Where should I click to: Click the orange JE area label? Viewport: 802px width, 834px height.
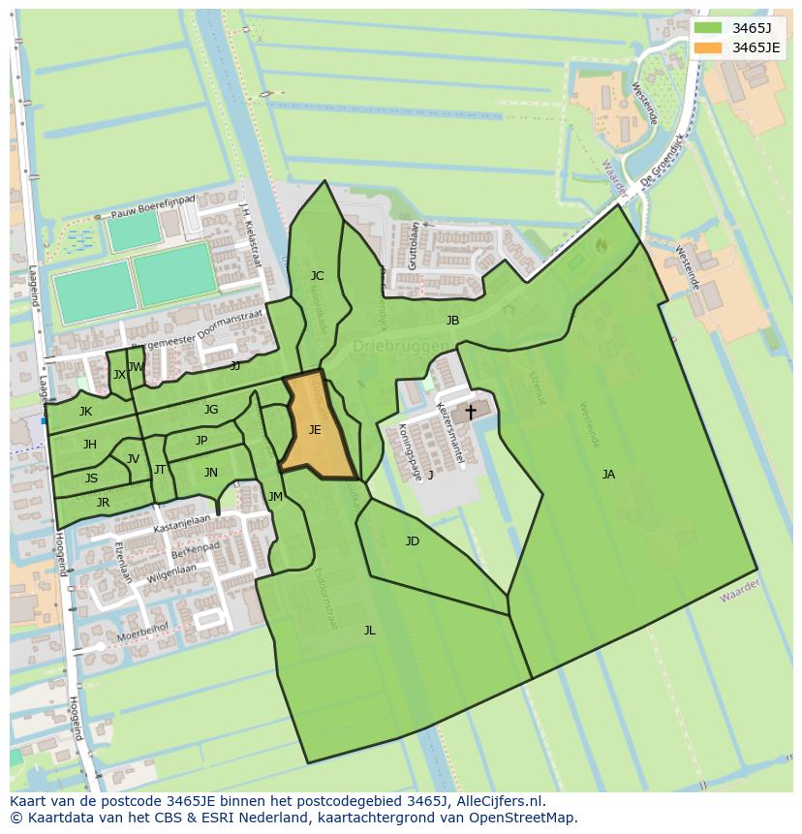click(315, 430)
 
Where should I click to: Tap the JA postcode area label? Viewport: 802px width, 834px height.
click(608, 475)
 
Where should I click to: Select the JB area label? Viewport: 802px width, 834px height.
click(452, 321)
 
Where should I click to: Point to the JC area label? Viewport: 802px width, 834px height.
click(317, 276)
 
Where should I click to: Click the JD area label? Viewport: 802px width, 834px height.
click(413, 541)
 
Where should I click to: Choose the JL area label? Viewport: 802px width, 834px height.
click(369, 631)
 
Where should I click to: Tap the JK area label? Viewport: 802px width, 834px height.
click(86, 412)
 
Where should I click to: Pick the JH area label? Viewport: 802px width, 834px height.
click(90, 445)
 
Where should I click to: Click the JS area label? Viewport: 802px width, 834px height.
click(91, 479)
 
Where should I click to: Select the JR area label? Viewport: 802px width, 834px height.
click(103, 503)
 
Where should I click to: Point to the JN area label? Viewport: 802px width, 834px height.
click(211, 473)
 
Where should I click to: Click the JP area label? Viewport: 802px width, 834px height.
click(201, 441)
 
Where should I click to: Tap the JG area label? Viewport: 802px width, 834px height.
click(211, 410)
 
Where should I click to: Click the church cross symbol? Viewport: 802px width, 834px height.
click(471, 412)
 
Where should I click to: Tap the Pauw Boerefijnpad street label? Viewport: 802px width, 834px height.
click(156, 205)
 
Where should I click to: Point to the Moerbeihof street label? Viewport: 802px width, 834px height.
click(141, 635)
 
